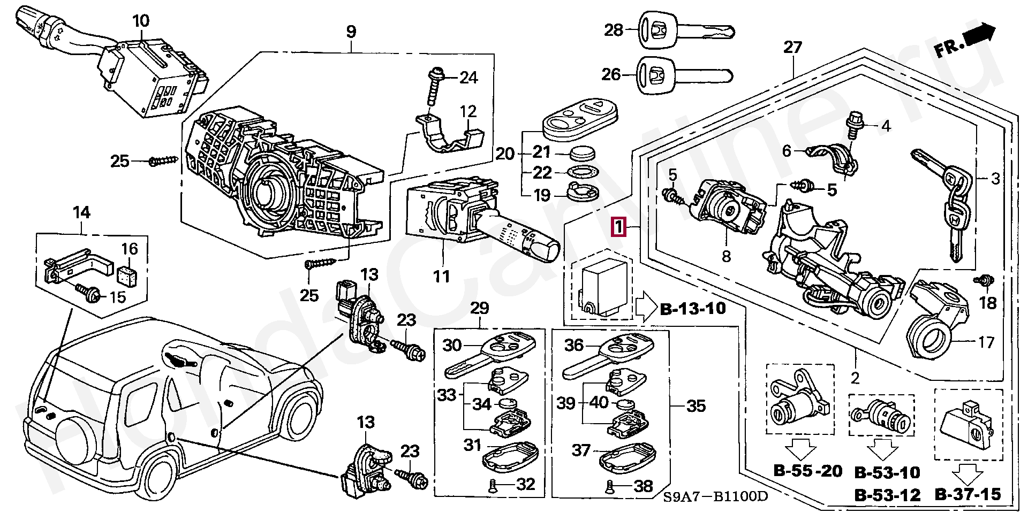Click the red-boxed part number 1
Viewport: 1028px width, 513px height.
tap(619, 228)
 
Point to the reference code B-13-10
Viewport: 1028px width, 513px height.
tap(693, 309)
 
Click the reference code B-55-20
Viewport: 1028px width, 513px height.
tap(808, 471)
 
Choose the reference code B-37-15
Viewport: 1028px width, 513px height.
tap(968, 494)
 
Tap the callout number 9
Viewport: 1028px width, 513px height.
tap(351, 32)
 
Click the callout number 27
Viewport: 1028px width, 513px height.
tap(792, 48)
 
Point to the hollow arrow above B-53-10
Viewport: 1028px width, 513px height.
tap(883, 450)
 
